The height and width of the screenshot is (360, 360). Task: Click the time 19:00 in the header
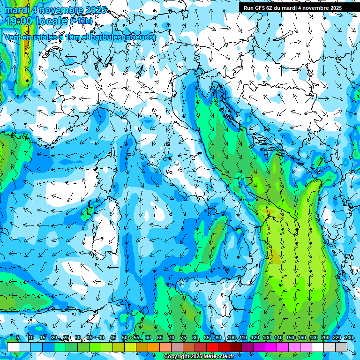[x=19, y=21]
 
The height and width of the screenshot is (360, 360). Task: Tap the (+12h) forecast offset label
[x=82, y=21]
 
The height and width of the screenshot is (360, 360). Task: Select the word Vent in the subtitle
[x=13, y=37]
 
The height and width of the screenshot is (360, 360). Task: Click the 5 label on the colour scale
[x=18, y=337]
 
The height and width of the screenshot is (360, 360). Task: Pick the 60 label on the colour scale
[x=148, y=337]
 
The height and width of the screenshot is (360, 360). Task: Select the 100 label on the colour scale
[x=231, y=337]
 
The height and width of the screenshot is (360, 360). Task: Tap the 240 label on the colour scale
[x=348, y=337]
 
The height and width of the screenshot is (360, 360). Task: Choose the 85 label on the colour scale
[x=207, y=337]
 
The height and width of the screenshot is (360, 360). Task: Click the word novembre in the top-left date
[x=58, y=10]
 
